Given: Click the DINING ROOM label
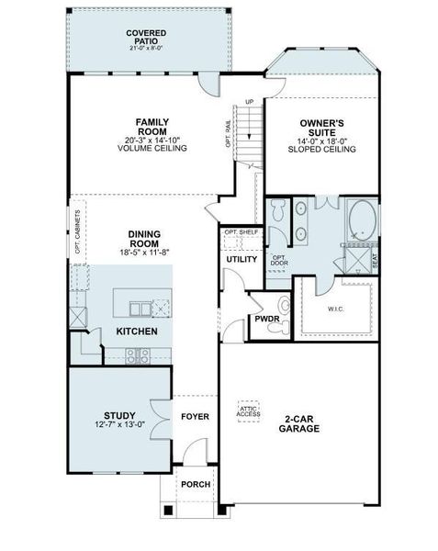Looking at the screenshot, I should tap(147, 234).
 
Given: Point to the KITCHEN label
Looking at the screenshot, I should tap(136, 331).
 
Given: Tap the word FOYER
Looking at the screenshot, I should tap(194, 416).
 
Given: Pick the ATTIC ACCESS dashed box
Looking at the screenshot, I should tap(249, 411).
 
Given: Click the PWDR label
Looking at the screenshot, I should tap(266, 320).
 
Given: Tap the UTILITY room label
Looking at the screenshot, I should tap(241, 259).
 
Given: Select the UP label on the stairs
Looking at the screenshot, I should tap(249, 102).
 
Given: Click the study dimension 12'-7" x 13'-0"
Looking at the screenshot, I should tap(119, 424).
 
